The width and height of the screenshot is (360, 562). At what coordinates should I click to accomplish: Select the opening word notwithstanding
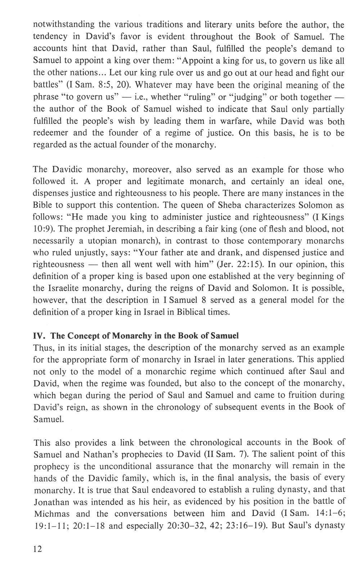[x=64, y=25]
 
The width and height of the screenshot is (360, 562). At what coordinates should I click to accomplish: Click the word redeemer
[x=51, y=133]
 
